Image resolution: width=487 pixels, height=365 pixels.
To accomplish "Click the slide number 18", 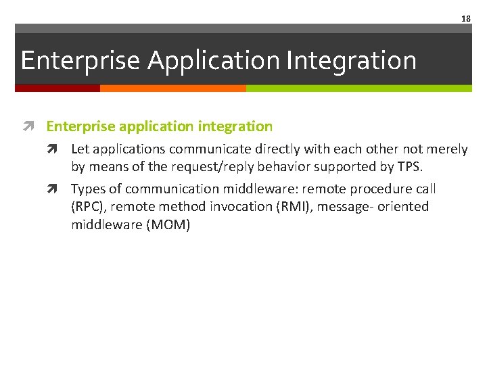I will pyautogui.click(x=465, y=19).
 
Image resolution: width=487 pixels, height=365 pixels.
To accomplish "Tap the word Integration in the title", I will pyautogui.click(x=351, y=60).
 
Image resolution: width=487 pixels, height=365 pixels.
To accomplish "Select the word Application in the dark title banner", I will pyautogui.click(x=214, y=60).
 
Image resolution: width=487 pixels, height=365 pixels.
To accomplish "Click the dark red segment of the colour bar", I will pyautogui.click(x=57, y=88).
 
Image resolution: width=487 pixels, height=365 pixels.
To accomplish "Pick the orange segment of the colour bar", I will pyautogui.click(x=172, y=88).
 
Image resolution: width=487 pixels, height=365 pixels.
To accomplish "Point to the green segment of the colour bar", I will pyautogui.click(x=358, y=88).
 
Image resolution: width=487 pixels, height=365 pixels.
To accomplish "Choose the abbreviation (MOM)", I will pyautogui.click(x=168, y=225).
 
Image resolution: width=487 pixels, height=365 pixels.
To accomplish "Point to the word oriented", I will pyautogui.click(x=403, y=207).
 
